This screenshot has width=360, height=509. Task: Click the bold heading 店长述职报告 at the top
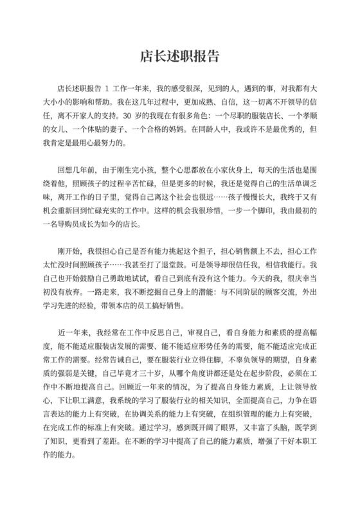coord(180,57)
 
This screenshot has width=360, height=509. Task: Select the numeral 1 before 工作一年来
coord(107,87)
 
